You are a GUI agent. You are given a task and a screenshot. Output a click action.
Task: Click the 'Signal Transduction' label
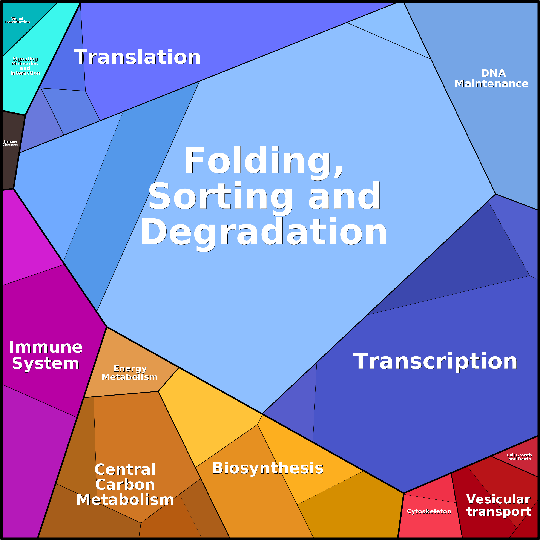17,20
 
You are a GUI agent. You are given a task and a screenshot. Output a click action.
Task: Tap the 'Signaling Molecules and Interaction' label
25,66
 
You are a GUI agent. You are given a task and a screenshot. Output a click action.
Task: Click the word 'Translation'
137,57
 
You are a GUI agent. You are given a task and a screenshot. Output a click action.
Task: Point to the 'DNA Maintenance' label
491,78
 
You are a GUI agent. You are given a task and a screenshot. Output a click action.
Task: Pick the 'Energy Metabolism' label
130,373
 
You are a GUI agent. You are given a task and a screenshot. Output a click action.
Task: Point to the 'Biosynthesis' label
267,468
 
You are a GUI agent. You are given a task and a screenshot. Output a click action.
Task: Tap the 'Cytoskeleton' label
429,511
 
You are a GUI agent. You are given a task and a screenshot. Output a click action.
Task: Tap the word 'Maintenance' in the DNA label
491,84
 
